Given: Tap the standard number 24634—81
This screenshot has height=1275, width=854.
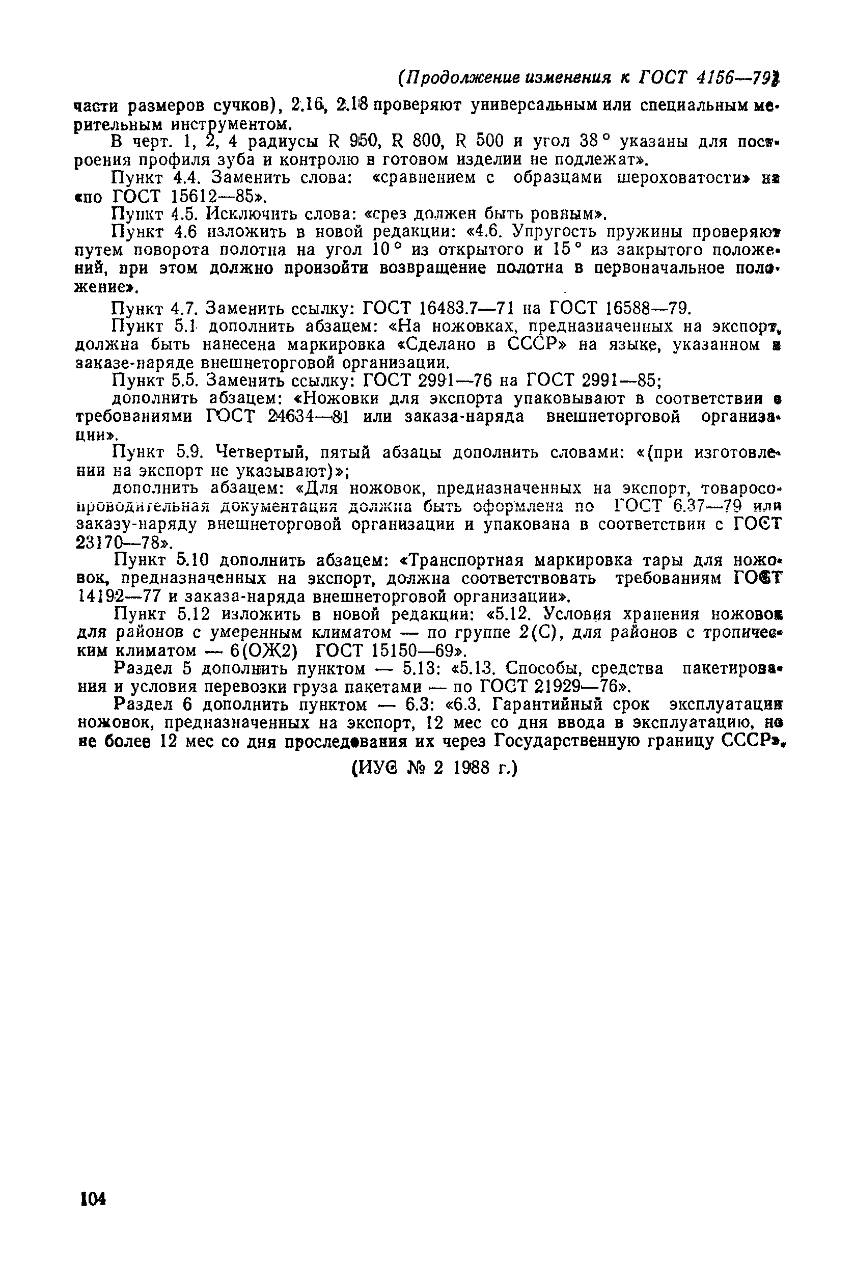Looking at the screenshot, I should tap(308, 417).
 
